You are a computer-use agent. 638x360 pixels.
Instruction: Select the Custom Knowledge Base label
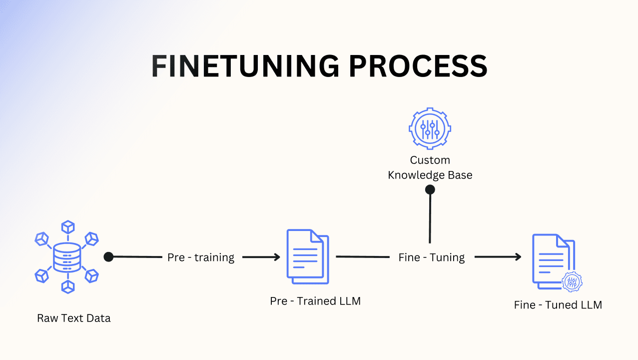pos(430,167)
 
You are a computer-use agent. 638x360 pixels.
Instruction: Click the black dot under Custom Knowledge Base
pos(430,189)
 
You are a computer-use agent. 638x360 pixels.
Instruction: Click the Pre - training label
pos(201,257)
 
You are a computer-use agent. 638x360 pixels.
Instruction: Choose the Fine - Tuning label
pos(432,257)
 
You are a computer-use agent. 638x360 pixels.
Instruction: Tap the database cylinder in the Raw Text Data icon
pos(67,257)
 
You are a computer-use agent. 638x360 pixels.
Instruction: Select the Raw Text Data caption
pos(74,318)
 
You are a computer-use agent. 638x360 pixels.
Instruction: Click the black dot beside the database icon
pos(108,257)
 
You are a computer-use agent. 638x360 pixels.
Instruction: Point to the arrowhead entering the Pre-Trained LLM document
pos(277,257)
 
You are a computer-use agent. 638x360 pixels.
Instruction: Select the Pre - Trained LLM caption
pos(315,301)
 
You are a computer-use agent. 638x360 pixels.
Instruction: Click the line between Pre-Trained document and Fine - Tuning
pos(362,256)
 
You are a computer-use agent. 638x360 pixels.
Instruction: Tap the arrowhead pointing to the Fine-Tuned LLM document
pos(518,257)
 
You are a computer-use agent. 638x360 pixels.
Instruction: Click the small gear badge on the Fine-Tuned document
pos(572,282)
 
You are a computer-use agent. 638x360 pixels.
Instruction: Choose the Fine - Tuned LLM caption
pos(558,305)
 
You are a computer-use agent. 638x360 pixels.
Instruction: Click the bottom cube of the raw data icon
pos(67,286)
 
